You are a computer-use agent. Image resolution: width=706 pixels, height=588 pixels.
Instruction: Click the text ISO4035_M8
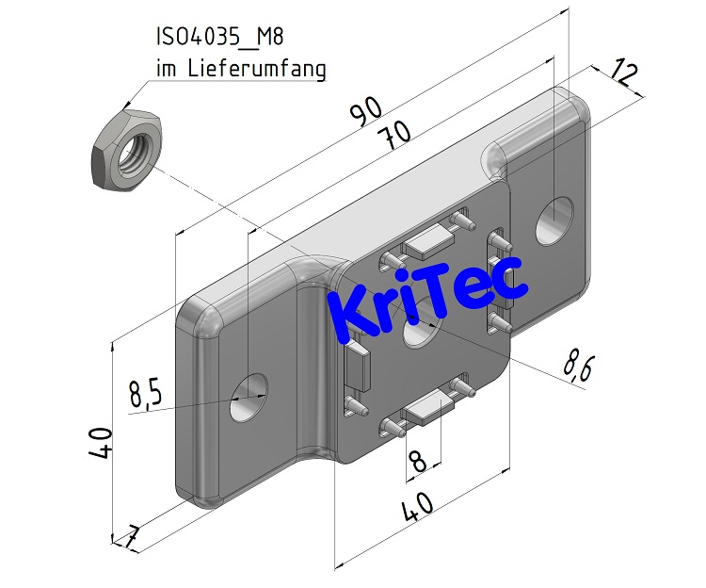pos(219,39)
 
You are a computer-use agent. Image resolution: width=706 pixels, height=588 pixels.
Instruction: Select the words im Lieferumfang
pos(240,69)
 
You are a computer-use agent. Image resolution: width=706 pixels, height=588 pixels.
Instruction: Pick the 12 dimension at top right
pos(624,74)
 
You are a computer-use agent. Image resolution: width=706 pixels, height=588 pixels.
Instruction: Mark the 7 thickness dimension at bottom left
pos(132,537)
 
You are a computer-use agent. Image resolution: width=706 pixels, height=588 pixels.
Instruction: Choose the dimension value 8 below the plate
pos(417,461)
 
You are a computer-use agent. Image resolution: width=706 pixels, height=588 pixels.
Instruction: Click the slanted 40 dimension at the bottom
pos(419,509)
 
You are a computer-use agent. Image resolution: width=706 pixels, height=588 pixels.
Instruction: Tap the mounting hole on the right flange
pos(555,220)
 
